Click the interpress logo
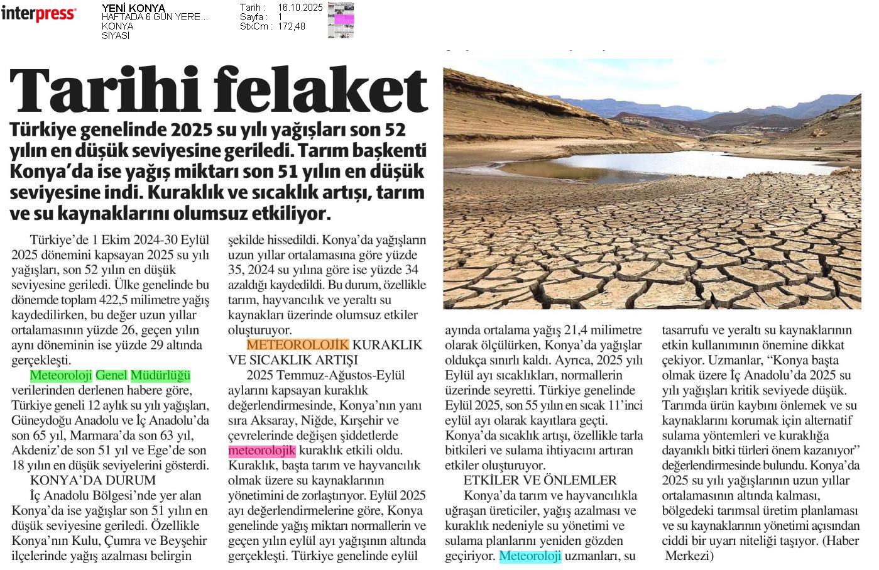tap(38, 13)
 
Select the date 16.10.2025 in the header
tap(300, 8)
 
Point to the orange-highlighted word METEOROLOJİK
tap(297, 345)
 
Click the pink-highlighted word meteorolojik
tap(261, 451)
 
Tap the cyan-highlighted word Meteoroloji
tap(530, 556)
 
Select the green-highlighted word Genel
tap(111, 376)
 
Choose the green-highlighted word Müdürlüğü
tap(160, 376)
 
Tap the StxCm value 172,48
tap(291, 26)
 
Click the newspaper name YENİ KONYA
tap(133, 8)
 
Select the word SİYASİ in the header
tap(115, 36)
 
